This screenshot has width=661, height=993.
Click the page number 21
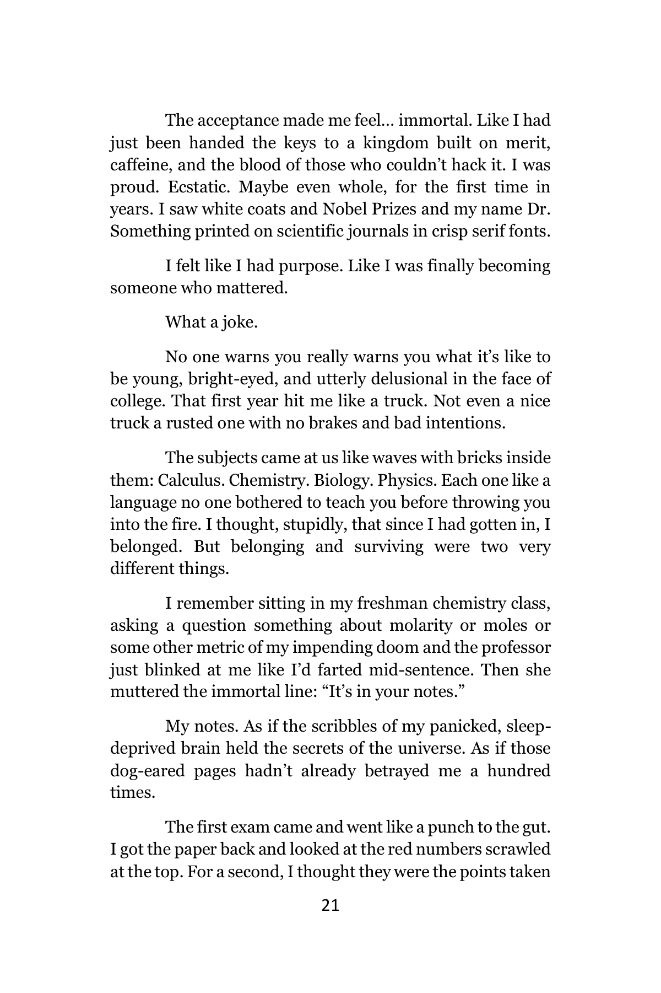[330, 905]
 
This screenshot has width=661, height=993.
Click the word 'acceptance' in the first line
[239, 120]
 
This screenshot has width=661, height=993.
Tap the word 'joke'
[240, 322]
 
